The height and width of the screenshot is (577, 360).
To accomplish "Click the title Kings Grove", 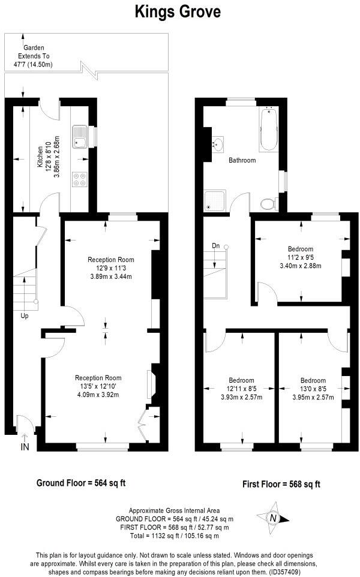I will pos(177,11).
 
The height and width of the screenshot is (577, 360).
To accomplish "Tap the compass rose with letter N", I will pos(274,518).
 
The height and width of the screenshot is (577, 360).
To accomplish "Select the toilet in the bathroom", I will pos(269,204).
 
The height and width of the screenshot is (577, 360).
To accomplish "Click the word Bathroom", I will pos(242,161).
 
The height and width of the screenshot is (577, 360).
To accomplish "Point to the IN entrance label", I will pos(25,447).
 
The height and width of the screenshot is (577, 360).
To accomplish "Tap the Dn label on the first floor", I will pos(215,245).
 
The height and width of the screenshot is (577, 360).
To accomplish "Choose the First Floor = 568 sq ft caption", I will pos(281,484).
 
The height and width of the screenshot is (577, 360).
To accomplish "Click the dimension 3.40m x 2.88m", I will pos(301,266).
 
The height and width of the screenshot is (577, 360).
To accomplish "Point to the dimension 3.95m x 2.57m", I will pos(313,396).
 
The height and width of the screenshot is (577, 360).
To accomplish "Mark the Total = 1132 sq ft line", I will pos(175,535).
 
